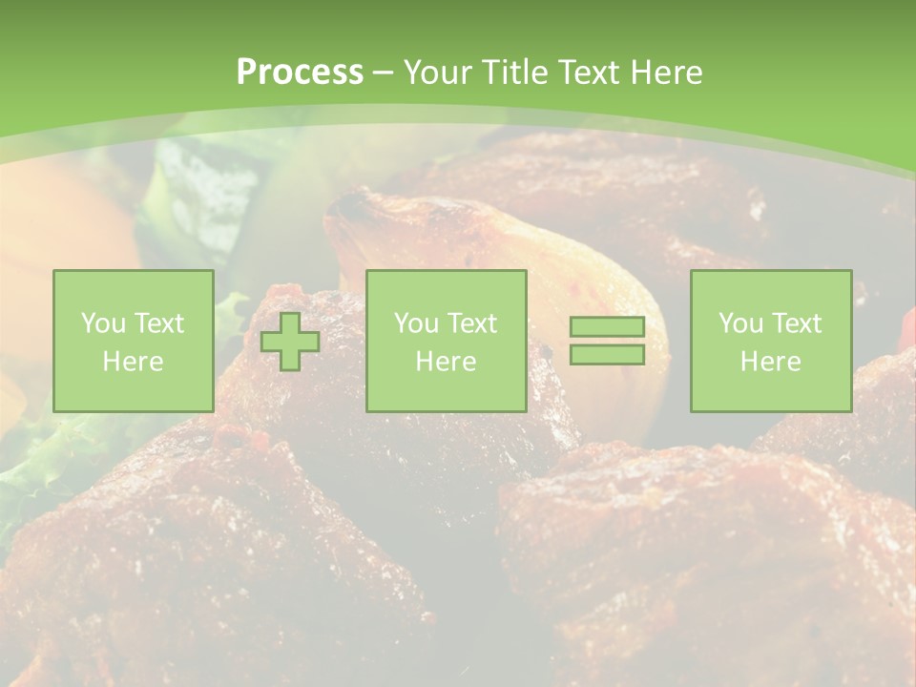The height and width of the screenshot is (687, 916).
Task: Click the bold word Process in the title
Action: point(300,73)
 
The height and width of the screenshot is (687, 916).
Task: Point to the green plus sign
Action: point(290,341)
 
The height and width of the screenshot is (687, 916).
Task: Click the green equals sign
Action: point(607,341)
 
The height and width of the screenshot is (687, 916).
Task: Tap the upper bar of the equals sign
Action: point(607,327)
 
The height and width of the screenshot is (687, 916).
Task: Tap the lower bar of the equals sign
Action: point(607,354)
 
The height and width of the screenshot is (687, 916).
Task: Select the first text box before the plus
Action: point(134,341)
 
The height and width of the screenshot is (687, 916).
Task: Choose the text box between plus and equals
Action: point(447,341)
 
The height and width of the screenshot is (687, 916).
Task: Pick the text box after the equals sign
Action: point(771,341)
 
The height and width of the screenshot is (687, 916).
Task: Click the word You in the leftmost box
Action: point(103,323)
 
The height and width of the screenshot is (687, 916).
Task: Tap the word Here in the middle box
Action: point(447,362)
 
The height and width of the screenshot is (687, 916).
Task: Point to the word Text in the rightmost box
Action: point(795,323)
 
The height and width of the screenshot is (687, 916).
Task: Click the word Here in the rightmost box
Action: point(771,362)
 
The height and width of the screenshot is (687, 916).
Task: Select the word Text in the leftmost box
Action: point(157,323)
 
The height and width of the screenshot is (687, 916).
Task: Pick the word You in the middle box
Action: point(416,323)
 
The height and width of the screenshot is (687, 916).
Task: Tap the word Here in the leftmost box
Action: point(134,362)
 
